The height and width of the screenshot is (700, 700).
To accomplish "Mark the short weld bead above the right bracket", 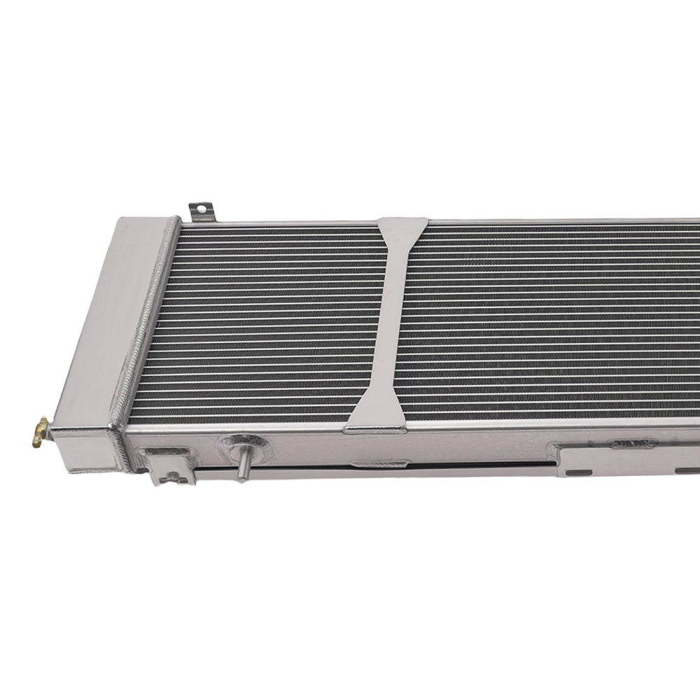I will [631, 444].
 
